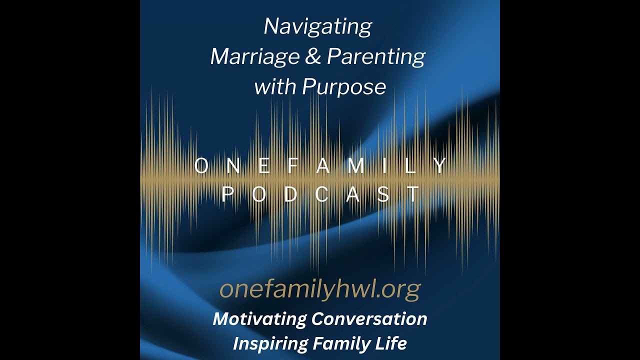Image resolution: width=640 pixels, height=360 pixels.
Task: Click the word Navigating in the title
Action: (x=317, y=27)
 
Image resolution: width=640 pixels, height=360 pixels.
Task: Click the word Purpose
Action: (x=344, y=87)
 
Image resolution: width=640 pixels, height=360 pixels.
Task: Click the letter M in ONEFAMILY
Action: (x=355, y=166)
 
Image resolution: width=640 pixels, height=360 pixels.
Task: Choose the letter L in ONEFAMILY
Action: (x=411, y=166)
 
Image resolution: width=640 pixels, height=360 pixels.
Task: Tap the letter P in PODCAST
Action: (x=227, y=194)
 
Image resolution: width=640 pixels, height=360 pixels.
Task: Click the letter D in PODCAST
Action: (x=290, y=194)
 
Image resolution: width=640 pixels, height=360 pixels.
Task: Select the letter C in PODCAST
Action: (x=321, y=194)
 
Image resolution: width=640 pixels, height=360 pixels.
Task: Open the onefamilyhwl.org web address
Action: (x=320, y=290)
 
